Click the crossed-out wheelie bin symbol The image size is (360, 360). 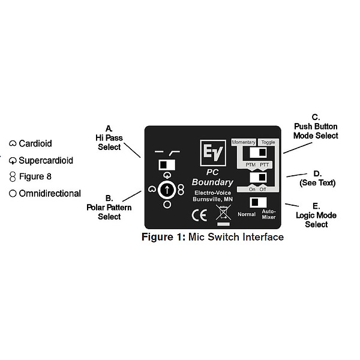pyautogui.click(x=223, y=214)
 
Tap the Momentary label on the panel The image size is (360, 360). pyautogui.click(x=244, y=142)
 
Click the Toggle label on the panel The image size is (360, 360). pyautogui.click(x=268, y=142)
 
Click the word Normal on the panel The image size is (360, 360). pyautogui.click(x=247, y=214)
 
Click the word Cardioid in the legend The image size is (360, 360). pyautogui.click(x=35, y=144)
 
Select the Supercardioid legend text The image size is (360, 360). pyautogui.click(x=46, y=160)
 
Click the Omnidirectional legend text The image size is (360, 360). pyautogui.click(x=50, y=193)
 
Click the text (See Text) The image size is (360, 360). pyautogui.click(x=317, y=182)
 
